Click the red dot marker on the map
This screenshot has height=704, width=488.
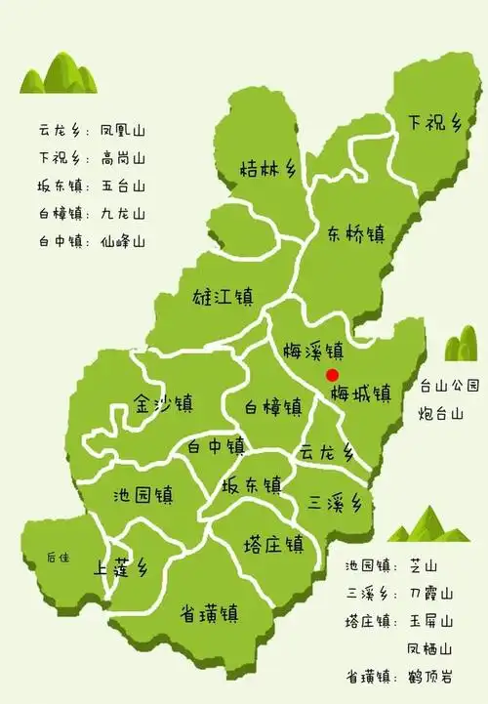point(332,374)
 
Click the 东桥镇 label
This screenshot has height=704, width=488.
point(356,233)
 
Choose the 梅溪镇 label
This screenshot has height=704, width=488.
point(312,350)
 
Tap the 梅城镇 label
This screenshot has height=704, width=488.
point(360,393)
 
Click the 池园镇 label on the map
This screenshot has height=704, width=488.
point(143,493)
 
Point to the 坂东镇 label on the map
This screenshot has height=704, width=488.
point(252,484)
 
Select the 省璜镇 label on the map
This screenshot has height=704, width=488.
point(210,613)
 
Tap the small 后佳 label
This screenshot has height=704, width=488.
point(59,558)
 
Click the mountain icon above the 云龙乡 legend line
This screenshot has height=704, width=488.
point(60,74)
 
